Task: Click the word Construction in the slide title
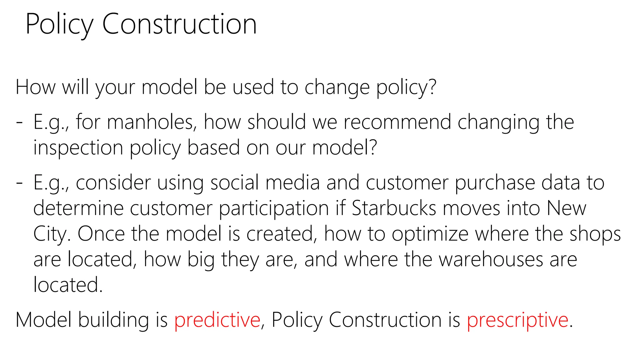click(179, 24)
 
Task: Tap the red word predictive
click(217, 320)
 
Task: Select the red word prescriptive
click(517, 320)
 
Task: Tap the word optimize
click(430, 234)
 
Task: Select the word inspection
click(78, 147)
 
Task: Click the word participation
click(274, 209)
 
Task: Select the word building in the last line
click(113, 320)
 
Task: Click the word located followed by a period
click(68, 285)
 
